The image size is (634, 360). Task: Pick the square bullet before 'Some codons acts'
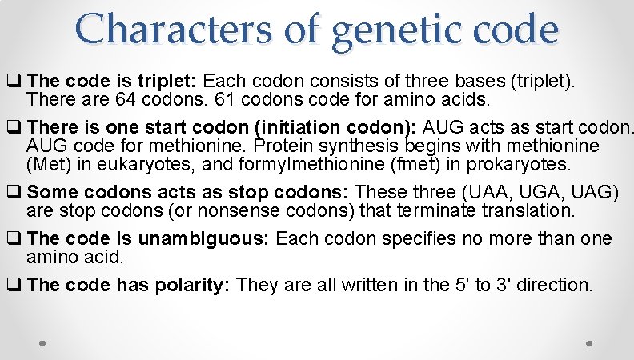coord(14,193)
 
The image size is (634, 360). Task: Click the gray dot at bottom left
coord(43,342)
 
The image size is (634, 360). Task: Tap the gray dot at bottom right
coord(590,342)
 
